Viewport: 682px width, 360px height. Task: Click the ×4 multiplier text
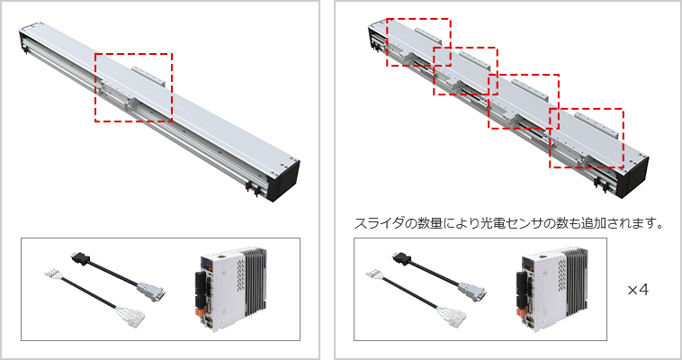tap(638, 290)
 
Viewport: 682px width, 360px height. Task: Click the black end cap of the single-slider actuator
tap(284, 181)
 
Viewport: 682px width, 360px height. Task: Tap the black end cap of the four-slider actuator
tap(635, 177)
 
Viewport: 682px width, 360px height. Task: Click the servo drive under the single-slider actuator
tap(229, 288)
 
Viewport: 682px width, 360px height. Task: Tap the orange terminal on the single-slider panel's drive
tap(202, 311)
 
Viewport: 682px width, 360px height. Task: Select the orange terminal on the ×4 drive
tap(521, 312)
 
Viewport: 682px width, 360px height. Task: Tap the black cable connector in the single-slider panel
tap(80, 258)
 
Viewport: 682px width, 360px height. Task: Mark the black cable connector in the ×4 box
tap(401, 258)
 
